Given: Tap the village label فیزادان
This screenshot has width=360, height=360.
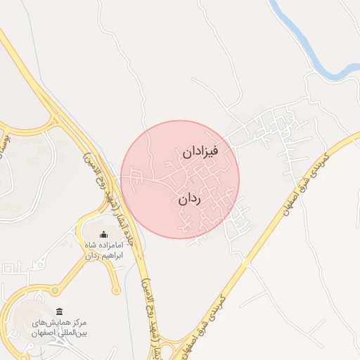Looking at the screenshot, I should coord(201,151).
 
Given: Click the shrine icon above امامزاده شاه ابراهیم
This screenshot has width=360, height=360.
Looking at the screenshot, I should coord(104,234).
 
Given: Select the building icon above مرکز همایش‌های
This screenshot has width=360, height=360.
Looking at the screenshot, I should coord(59,311).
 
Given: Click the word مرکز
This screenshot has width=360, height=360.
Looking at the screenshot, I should coord(79,321).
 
